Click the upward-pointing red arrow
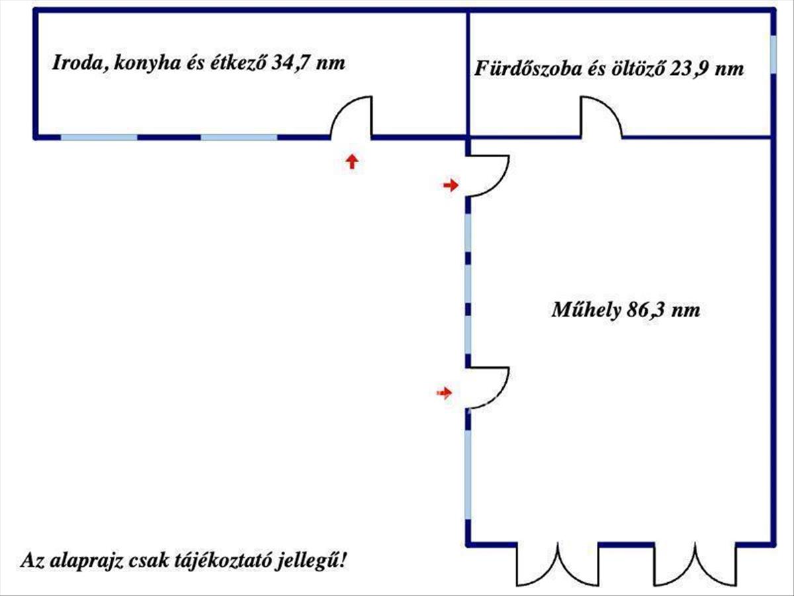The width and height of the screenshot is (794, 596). tap(352, 162)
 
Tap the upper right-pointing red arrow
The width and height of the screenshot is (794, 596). tap(451, 185)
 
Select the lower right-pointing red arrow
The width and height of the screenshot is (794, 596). tap(444, 393)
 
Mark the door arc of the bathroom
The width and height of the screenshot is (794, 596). tap(601, 118)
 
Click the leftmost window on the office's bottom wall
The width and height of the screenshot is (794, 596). tap(99, 138)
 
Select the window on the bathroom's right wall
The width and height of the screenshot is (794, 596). tap(773, 54)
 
